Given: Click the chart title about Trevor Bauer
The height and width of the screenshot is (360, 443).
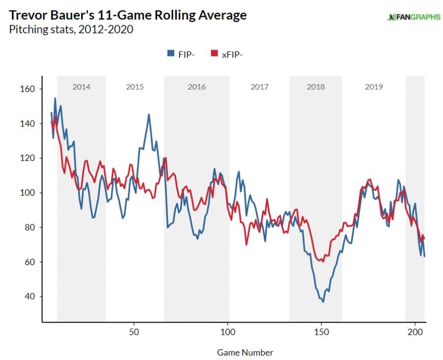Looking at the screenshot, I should pyautogui.click(x=128, y=15).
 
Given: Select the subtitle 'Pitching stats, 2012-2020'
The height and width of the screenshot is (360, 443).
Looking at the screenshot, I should pyautogui.click(x=71, y=30).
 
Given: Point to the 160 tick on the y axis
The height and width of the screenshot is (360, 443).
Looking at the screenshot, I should pyautogui.click(x=26, y=89).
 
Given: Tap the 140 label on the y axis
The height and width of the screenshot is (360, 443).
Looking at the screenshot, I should pyautogui.click(x=26, y=123).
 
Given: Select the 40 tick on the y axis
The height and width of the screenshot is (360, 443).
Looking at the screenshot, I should pyautogui.click(x=28, y=297).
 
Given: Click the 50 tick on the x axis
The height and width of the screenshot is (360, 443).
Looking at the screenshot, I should pyautogui.click(x=134, y=331).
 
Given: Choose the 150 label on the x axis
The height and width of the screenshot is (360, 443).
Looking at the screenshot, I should pyautogui.click(x=321, y=331).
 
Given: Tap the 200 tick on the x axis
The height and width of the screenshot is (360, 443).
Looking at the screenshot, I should pyautogui.click(x=415, y=331).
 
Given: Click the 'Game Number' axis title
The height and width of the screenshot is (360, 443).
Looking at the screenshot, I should pyautogui.click(x=245, y=352).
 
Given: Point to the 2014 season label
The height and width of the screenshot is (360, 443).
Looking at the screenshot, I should pyautogui.click(x=81, y=87).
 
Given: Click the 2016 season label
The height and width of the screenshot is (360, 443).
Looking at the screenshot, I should pyautogui.click(x=196, y=87).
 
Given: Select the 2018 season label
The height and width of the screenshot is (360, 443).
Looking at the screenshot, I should pyautogui.click(x=316, y=87).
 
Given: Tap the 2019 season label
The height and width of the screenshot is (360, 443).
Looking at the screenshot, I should pyautogui.click(x=374, y=87).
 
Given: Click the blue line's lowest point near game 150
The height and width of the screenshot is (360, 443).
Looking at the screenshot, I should pyautogui.click(x=323, y=301).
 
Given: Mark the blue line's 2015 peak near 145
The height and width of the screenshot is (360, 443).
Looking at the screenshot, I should pyautogui.click(x=149, y=115).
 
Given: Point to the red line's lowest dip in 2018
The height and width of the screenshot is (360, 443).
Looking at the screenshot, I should pyautogui.click(x=323, y=262).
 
